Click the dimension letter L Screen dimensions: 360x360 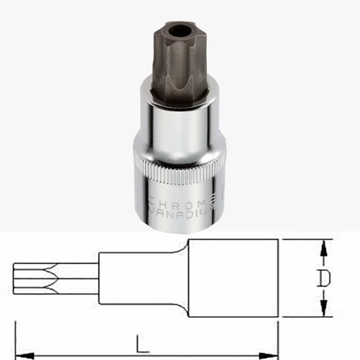(143, 346)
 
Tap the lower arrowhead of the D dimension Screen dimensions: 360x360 (323, 310)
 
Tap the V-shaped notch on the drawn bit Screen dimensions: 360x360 (52, 278)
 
